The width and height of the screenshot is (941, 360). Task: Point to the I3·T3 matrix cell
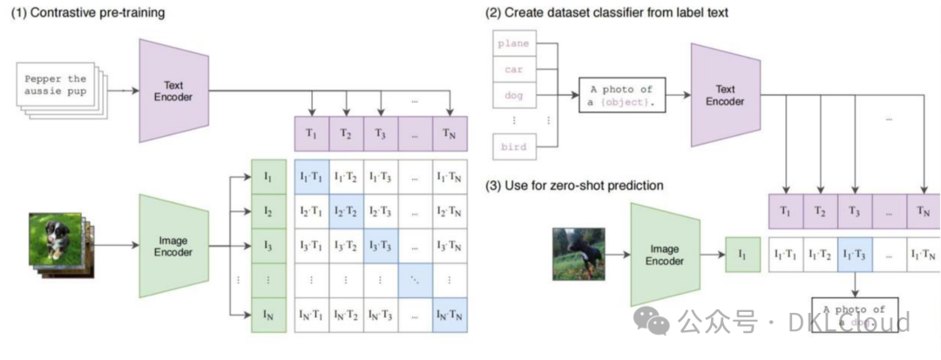380,245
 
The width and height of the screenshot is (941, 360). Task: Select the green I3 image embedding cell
267,245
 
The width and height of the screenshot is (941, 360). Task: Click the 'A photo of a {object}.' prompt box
621,95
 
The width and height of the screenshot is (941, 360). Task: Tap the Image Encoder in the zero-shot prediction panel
665,254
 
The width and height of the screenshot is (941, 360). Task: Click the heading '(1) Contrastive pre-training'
88,13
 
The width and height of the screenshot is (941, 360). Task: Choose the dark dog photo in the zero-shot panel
578,254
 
